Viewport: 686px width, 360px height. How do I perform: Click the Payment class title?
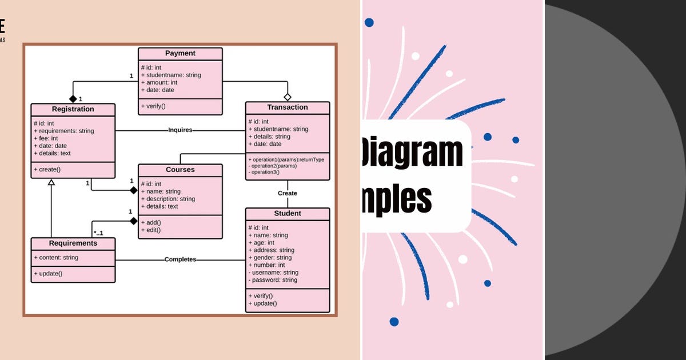coord(180,53)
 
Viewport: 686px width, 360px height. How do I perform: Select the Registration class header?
coord(73,109)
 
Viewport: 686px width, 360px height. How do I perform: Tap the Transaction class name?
coord(287,107)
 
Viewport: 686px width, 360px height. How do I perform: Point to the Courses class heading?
coord(180,170)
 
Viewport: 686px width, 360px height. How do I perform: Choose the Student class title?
coord(287,214)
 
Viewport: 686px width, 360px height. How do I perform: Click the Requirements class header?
coord(73,243)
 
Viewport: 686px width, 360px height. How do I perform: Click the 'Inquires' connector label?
coord(180,130)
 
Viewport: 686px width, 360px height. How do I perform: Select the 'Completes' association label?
coord(180,259)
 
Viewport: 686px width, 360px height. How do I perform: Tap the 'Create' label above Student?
coord(287,193)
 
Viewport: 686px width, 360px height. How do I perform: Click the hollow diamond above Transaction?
coord(288,97)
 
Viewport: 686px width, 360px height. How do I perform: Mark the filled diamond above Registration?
coord(73,99)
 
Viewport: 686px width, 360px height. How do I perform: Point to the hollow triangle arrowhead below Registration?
coord(51,182)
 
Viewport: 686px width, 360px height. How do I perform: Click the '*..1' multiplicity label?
coord(98,233)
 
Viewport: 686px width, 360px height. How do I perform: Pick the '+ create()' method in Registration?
coord(47,170)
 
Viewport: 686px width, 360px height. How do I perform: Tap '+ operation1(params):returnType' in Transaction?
coord(286,159)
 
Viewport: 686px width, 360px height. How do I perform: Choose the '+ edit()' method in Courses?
coord(151,230)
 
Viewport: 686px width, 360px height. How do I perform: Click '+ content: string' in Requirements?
coord(56,258)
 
